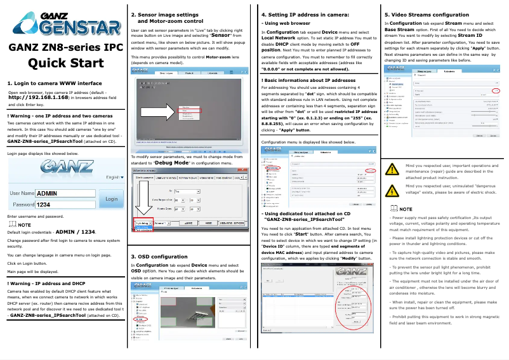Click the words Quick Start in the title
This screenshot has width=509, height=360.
pos(62,62)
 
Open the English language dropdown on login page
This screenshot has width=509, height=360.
pos(114,178)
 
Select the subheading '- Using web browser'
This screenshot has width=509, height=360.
pos(282,23)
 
